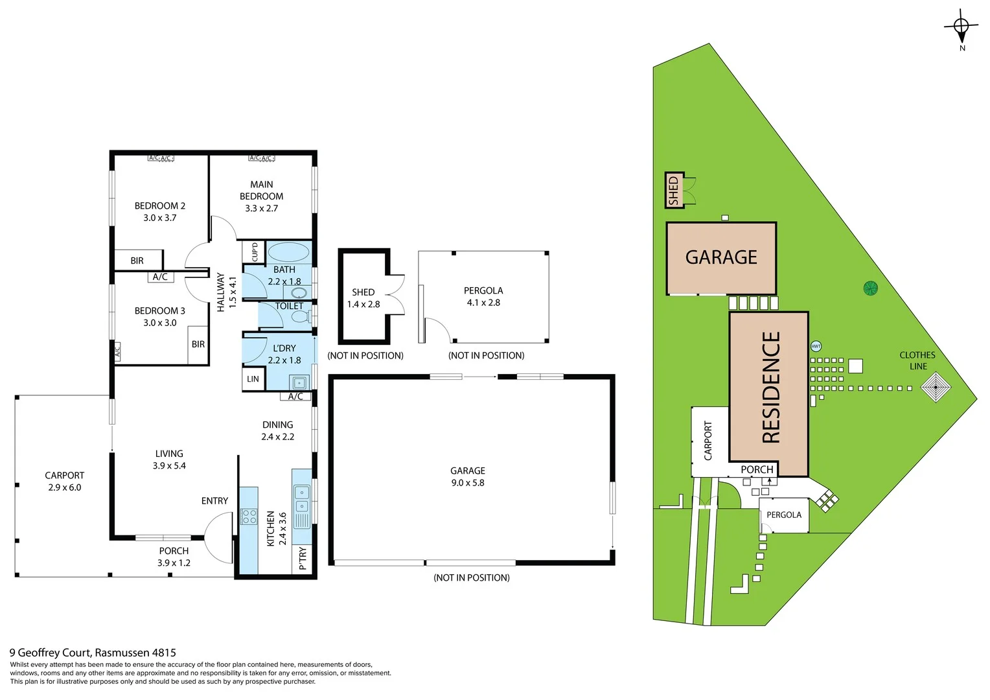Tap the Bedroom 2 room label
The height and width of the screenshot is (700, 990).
(159, 206)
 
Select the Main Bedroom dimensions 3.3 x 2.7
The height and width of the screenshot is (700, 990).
(261, 209)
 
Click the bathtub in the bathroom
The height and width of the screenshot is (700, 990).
(288, 253)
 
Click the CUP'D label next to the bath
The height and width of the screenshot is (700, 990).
(255, 251)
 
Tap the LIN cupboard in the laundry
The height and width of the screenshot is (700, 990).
(253, 379)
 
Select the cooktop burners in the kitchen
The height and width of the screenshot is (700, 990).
(249, 517)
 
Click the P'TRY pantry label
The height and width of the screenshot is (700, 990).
(303, 558)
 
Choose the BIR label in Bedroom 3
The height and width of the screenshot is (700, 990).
(198, 344)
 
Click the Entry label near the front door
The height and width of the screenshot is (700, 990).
(214, 501)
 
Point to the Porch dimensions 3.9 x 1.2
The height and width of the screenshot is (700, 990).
(174, 563)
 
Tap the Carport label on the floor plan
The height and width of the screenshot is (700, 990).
(64, 476)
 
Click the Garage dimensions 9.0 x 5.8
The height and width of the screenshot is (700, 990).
(468, 483)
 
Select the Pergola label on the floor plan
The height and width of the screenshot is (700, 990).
(483, 291)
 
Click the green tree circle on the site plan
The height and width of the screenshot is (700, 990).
(870, 288)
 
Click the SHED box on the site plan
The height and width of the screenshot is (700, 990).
(674, 190)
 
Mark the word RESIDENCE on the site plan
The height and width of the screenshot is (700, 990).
(770, 387)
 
